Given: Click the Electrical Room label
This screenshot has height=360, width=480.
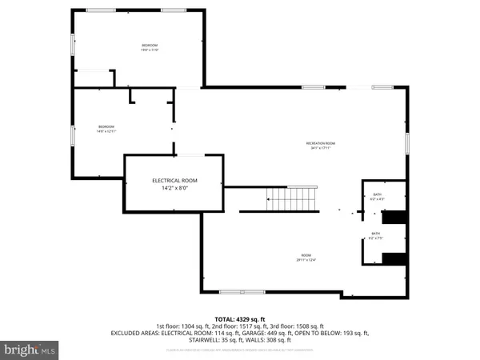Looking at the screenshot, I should (174, 181).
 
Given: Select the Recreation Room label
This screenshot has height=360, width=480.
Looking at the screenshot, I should (320, 143).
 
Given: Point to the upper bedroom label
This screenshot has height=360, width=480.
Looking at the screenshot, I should (150, 46).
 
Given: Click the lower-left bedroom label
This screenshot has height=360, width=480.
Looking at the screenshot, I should (106, 126).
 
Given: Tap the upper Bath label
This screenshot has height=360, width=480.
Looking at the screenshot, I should (377, 194).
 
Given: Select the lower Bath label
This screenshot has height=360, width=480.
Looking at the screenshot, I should (375, 234).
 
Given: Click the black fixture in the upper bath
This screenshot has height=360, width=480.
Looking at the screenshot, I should (394, 218).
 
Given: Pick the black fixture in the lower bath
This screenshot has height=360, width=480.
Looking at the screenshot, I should (394, 258).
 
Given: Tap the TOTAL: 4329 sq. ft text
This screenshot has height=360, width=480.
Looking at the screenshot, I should (239, 318).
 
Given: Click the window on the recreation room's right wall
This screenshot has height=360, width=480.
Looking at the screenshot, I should (406, 143).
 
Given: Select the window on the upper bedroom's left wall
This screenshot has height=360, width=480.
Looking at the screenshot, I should (74, 45).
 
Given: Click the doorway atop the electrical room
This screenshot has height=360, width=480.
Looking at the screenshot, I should (190, 154).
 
